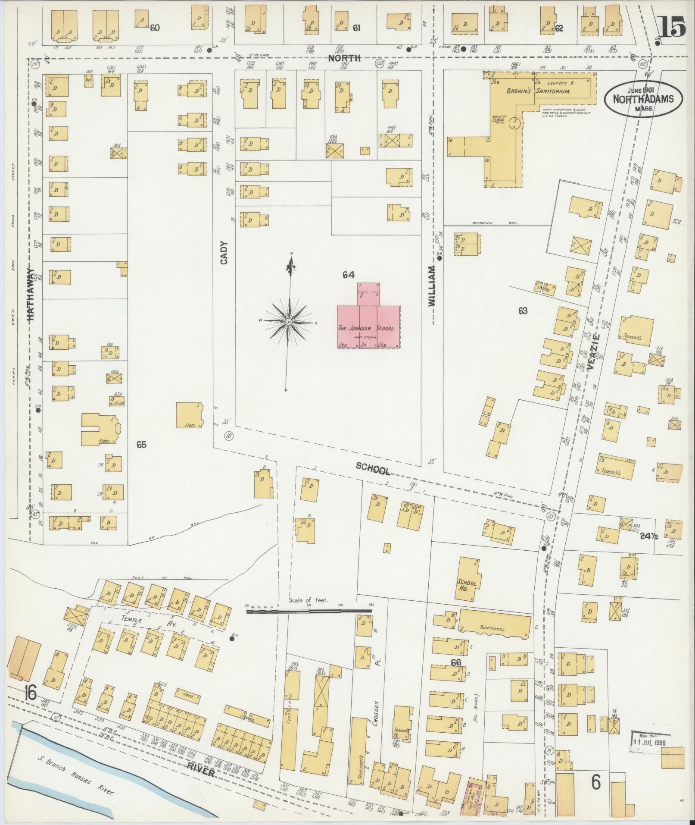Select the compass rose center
[x=289, y=322]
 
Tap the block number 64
[x=348, y=274]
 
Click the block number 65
[x=141, y=445]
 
